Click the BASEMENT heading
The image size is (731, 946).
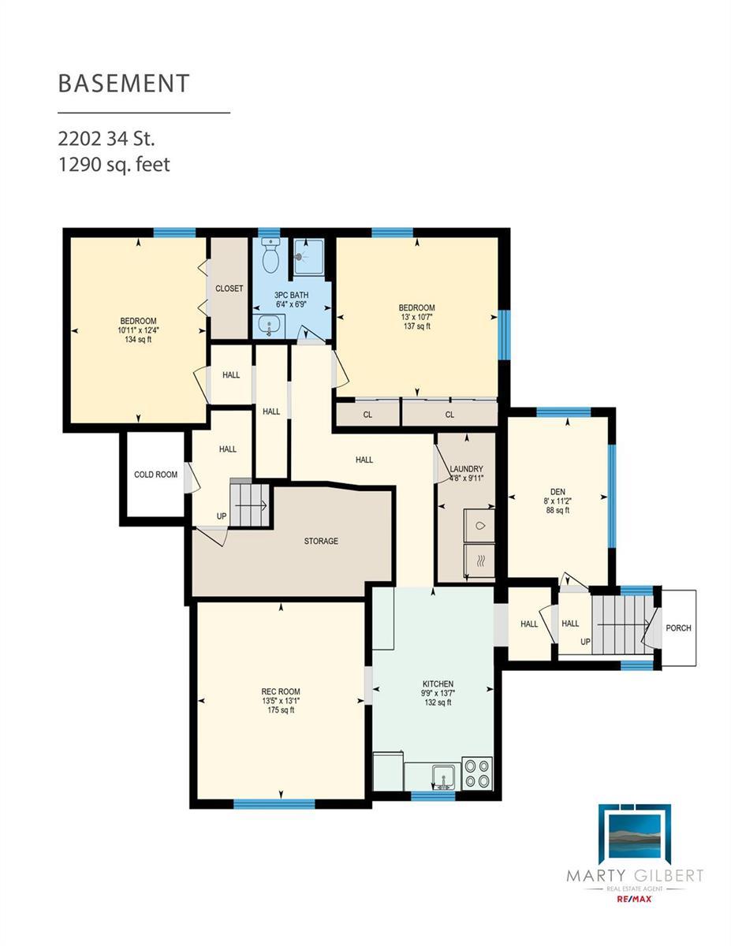pos(124,83)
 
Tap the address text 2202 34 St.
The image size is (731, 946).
pos(106,139)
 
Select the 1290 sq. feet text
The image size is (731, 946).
pos(114,165)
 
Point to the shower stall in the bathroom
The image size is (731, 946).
pos(308,257)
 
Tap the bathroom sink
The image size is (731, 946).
pos(269,326)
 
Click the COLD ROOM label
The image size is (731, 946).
pos(155,475)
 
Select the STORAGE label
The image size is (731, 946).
pos(321,541)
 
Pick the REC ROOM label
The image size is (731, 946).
pos(281,691)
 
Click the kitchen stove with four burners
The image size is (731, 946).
pos(477,773)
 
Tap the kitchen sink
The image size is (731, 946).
pos(444,777)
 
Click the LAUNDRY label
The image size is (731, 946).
pos(466,469)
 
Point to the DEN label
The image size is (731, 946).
pos(558,491)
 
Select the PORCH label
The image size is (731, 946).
pos(678,628)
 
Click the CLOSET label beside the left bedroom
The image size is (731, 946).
pos(229,289)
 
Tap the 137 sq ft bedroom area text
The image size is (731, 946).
pos(417,326)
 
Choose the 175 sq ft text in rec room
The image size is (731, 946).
pos(281,710)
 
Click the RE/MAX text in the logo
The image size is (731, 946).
pos(634,898)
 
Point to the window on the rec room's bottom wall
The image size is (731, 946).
pos(274,803)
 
